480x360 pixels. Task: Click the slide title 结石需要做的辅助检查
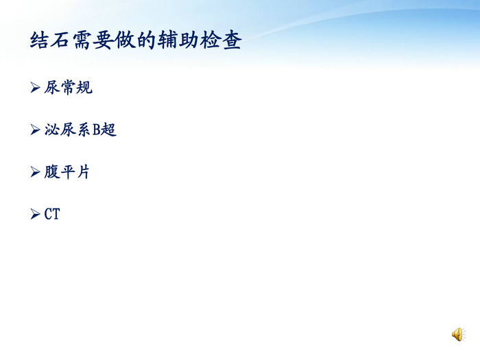tap(136, 40)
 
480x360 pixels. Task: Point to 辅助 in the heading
tap(180, 40)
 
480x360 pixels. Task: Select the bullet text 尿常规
tap(68, 88)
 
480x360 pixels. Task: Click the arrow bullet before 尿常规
tap(36, 88)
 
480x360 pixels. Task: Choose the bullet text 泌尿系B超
tap(80, 130)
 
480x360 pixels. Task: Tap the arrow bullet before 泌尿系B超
tap(36, 130)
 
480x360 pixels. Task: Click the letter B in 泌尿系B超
tap(97, 130)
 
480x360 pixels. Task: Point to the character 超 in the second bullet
tap(109, 130)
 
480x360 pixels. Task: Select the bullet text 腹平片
tap(67, 172)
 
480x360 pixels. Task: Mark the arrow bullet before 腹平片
tap(36, 172)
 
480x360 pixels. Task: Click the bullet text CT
tap(52, 215)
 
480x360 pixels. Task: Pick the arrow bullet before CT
tap(36, 215)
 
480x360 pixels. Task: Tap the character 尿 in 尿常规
tap(52, 88)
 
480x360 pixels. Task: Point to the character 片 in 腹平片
tap(83, 172)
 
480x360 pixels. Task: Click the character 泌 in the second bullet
tap(52, 130)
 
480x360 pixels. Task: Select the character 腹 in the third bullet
tap(52, 172)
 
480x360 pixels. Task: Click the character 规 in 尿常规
tap(84, 88)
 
